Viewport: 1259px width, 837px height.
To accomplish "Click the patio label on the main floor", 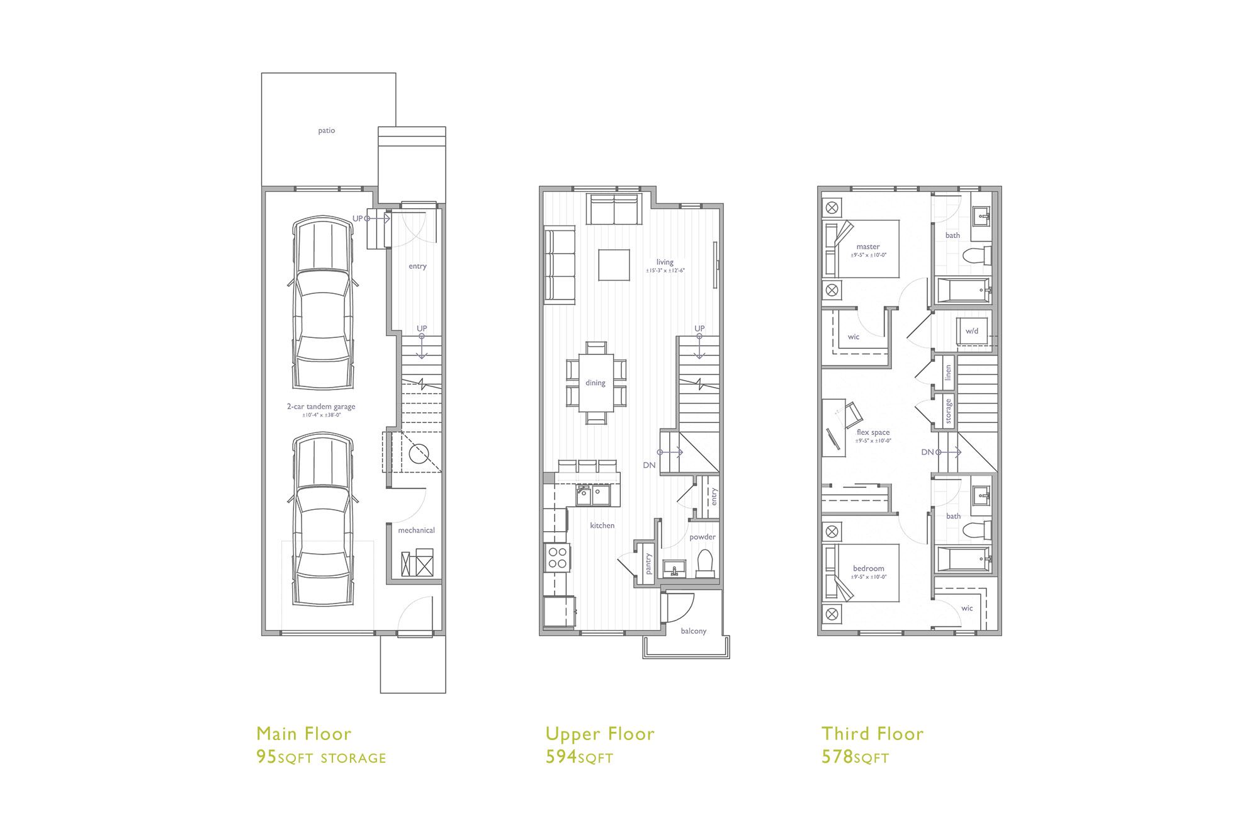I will coord(326,131).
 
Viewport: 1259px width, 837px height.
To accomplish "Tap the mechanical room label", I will coord(416,531).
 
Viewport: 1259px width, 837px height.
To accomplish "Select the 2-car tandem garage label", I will coord(321,407).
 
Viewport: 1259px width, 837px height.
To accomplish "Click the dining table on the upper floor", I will coord(596,383).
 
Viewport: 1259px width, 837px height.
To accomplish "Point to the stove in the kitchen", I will coord(557,557).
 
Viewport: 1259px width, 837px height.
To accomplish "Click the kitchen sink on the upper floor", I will coord(592,495).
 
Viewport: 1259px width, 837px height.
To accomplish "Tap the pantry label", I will coord(649,564).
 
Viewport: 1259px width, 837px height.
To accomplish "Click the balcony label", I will coord(693,631).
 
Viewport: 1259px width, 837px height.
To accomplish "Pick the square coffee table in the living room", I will coord(614,265).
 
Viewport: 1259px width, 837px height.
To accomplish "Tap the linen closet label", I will coord(948,373).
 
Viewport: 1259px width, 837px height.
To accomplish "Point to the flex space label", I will coord(873,432).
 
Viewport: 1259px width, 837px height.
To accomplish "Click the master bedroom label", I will coord(868,247).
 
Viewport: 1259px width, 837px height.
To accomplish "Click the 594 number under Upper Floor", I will coord(561,756).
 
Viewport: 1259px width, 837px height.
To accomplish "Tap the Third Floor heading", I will coord(872,734).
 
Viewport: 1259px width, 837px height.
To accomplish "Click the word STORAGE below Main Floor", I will coord(353,758).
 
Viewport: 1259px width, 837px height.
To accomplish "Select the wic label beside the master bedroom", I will coord(853,337).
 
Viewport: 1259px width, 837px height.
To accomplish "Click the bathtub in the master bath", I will coord(963,291).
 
